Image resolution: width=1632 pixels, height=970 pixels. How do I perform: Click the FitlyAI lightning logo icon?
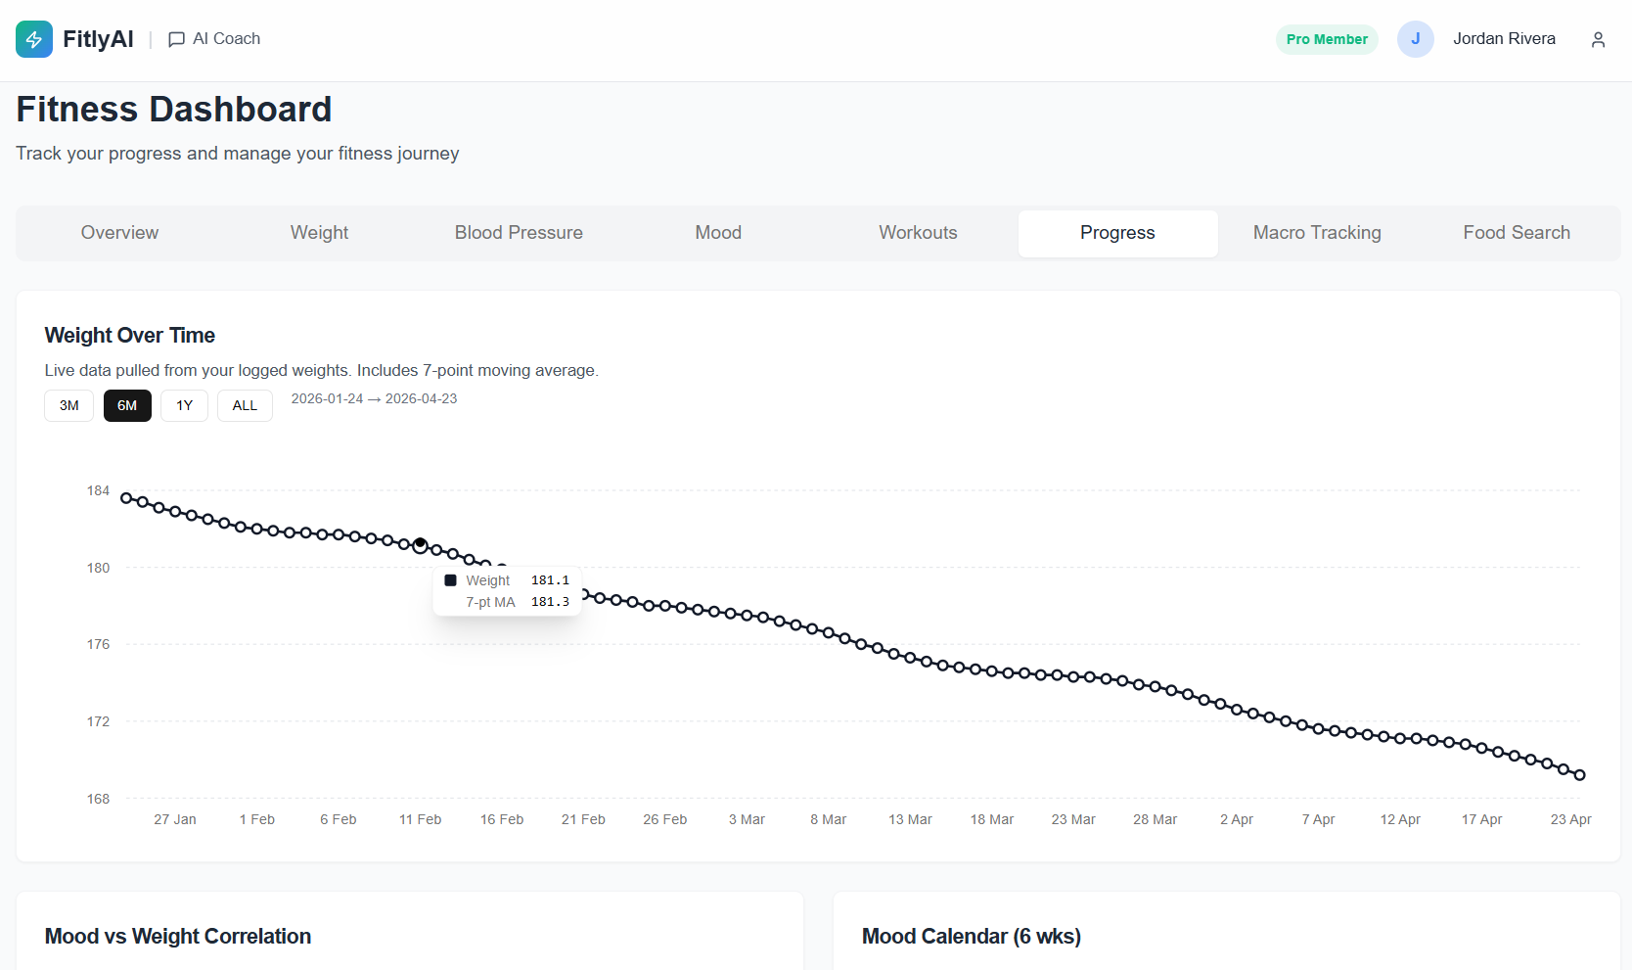[x=34, y=39]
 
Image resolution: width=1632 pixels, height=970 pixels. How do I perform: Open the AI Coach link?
[x=214, y=39]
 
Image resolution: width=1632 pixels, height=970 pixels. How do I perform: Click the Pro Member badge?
[x=1326, y=39]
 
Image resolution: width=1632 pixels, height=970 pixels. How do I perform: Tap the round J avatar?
[x=1415, y=39]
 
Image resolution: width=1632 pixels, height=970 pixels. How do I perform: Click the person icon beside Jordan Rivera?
[x=1598, y=39]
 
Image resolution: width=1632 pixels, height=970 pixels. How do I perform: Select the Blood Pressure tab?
[x=519, y=233]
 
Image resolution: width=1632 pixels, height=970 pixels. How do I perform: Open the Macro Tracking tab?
[x=1317, y=233]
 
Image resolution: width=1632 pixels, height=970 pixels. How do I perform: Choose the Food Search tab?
[x=1516, y=233]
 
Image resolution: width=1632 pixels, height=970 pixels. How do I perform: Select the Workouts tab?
[x=918, y=233]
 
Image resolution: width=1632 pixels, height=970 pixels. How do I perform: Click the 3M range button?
[x=68, y=405]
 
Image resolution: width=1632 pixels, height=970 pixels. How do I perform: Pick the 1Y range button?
[x=184, y=405]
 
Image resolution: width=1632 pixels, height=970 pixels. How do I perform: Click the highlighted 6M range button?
[x=127, y=405]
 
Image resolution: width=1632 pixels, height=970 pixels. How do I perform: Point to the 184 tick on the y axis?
[x=98, y=490]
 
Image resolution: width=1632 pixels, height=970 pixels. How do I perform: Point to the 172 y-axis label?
[x=98, y=721]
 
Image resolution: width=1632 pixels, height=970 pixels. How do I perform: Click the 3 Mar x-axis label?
[x=747, y=819]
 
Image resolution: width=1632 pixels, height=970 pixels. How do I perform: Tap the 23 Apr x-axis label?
[x=1570, y=819]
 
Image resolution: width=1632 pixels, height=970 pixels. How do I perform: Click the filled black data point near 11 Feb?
[x=420, y=542]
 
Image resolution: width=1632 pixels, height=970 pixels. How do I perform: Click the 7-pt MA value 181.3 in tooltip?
[x=550, y=602]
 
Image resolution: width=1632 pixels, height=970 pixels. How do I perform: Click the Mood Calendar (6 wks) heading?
[x=971, y=936]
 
